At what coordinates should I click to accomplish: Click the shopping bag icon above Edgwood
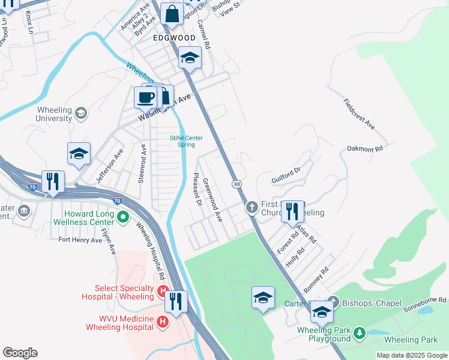(x=172, y=14)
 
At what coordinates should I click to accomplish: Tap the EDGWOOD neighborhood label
(x=174, y=38)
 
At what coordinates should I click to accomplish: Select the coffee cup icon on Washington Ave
(x=146, y=97)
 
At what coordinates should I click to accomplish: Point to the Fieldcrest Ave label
(x=359, y=115)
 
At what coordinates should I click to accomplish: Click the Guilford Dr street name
(x=285, y=175)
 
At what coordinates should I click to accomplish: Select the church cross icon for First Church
(x=252, y=207)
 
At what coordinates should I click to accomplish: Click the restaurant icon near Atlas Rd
(x=292, y=211)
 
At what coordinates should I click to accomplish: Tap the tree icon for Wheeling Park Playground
(x=360, y=332)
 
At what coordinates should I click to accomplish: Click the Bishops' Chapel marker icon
(x=334, y=303)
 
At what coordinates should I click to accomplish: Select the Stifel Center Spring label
(x=186, y=141)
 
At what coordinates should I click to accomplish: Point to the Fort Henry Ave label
(x=80, y=239)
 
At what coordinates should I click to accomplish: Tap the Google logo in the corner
(x=20, y=353)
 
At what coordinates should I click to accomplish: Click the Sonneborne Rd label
(x=424, y=299)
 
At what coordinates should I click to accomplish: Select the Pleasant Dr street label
(x=196, y=190)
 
